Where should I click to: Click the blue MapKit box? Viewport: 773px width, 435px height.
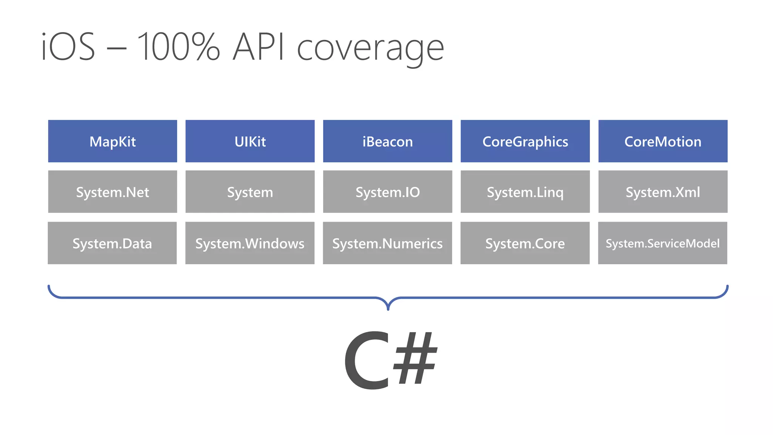pos(112,141)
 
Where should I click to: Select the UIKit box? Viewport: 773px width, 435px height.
pos(250,141)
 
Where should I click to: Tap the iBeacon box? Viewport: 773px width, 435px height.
pos(387,141)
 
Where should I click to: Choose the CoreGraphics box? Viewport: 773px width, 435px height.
pos(525,141)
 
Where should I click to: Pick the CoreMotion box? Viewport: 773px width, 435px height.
pos(663,141)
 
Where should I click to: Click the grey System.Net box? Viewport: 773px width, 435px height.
pos(112,192)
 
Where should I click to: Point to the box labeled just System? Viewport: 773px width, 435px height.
pos(250,192)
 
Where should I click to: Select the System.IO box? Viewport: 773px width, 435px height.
pos(387,192)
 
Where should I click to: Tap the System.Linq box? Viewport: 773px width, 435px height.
pos(525,192)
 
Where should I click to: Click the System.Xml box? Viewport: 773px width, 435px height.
pos(663,192)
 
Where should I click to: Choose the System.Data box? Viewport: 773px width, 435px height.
pos(112,243)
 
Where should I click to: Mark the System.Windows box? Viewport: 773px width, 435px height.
pos(250,243)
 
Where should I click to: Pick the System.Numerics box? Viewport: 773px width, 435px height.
pos(387,243)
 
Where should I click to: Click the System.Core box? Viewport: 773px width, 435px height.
pos(525,243)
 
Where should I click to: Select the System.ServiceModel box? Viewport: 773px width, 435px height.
pos(662,243)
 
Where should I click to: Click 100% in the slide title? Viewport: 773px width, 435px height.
pos(178,47)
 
